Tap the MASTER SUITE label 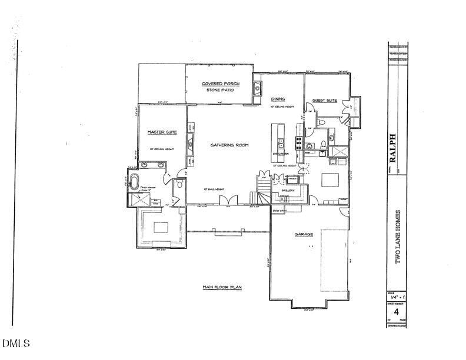click(162, 132)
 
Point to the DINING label click(278, 99)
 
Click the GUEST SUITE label click(324, 101)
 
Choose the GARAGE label click(303, 234)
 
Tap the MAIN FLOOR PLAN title click(222, 287)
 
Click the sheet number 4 click(397, 311)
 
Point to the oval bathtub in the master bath click(135, 179)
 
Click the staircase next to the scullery click(263, 188)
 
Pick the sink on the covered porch click(258, 89)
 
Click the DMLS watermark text click(16, 343)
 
